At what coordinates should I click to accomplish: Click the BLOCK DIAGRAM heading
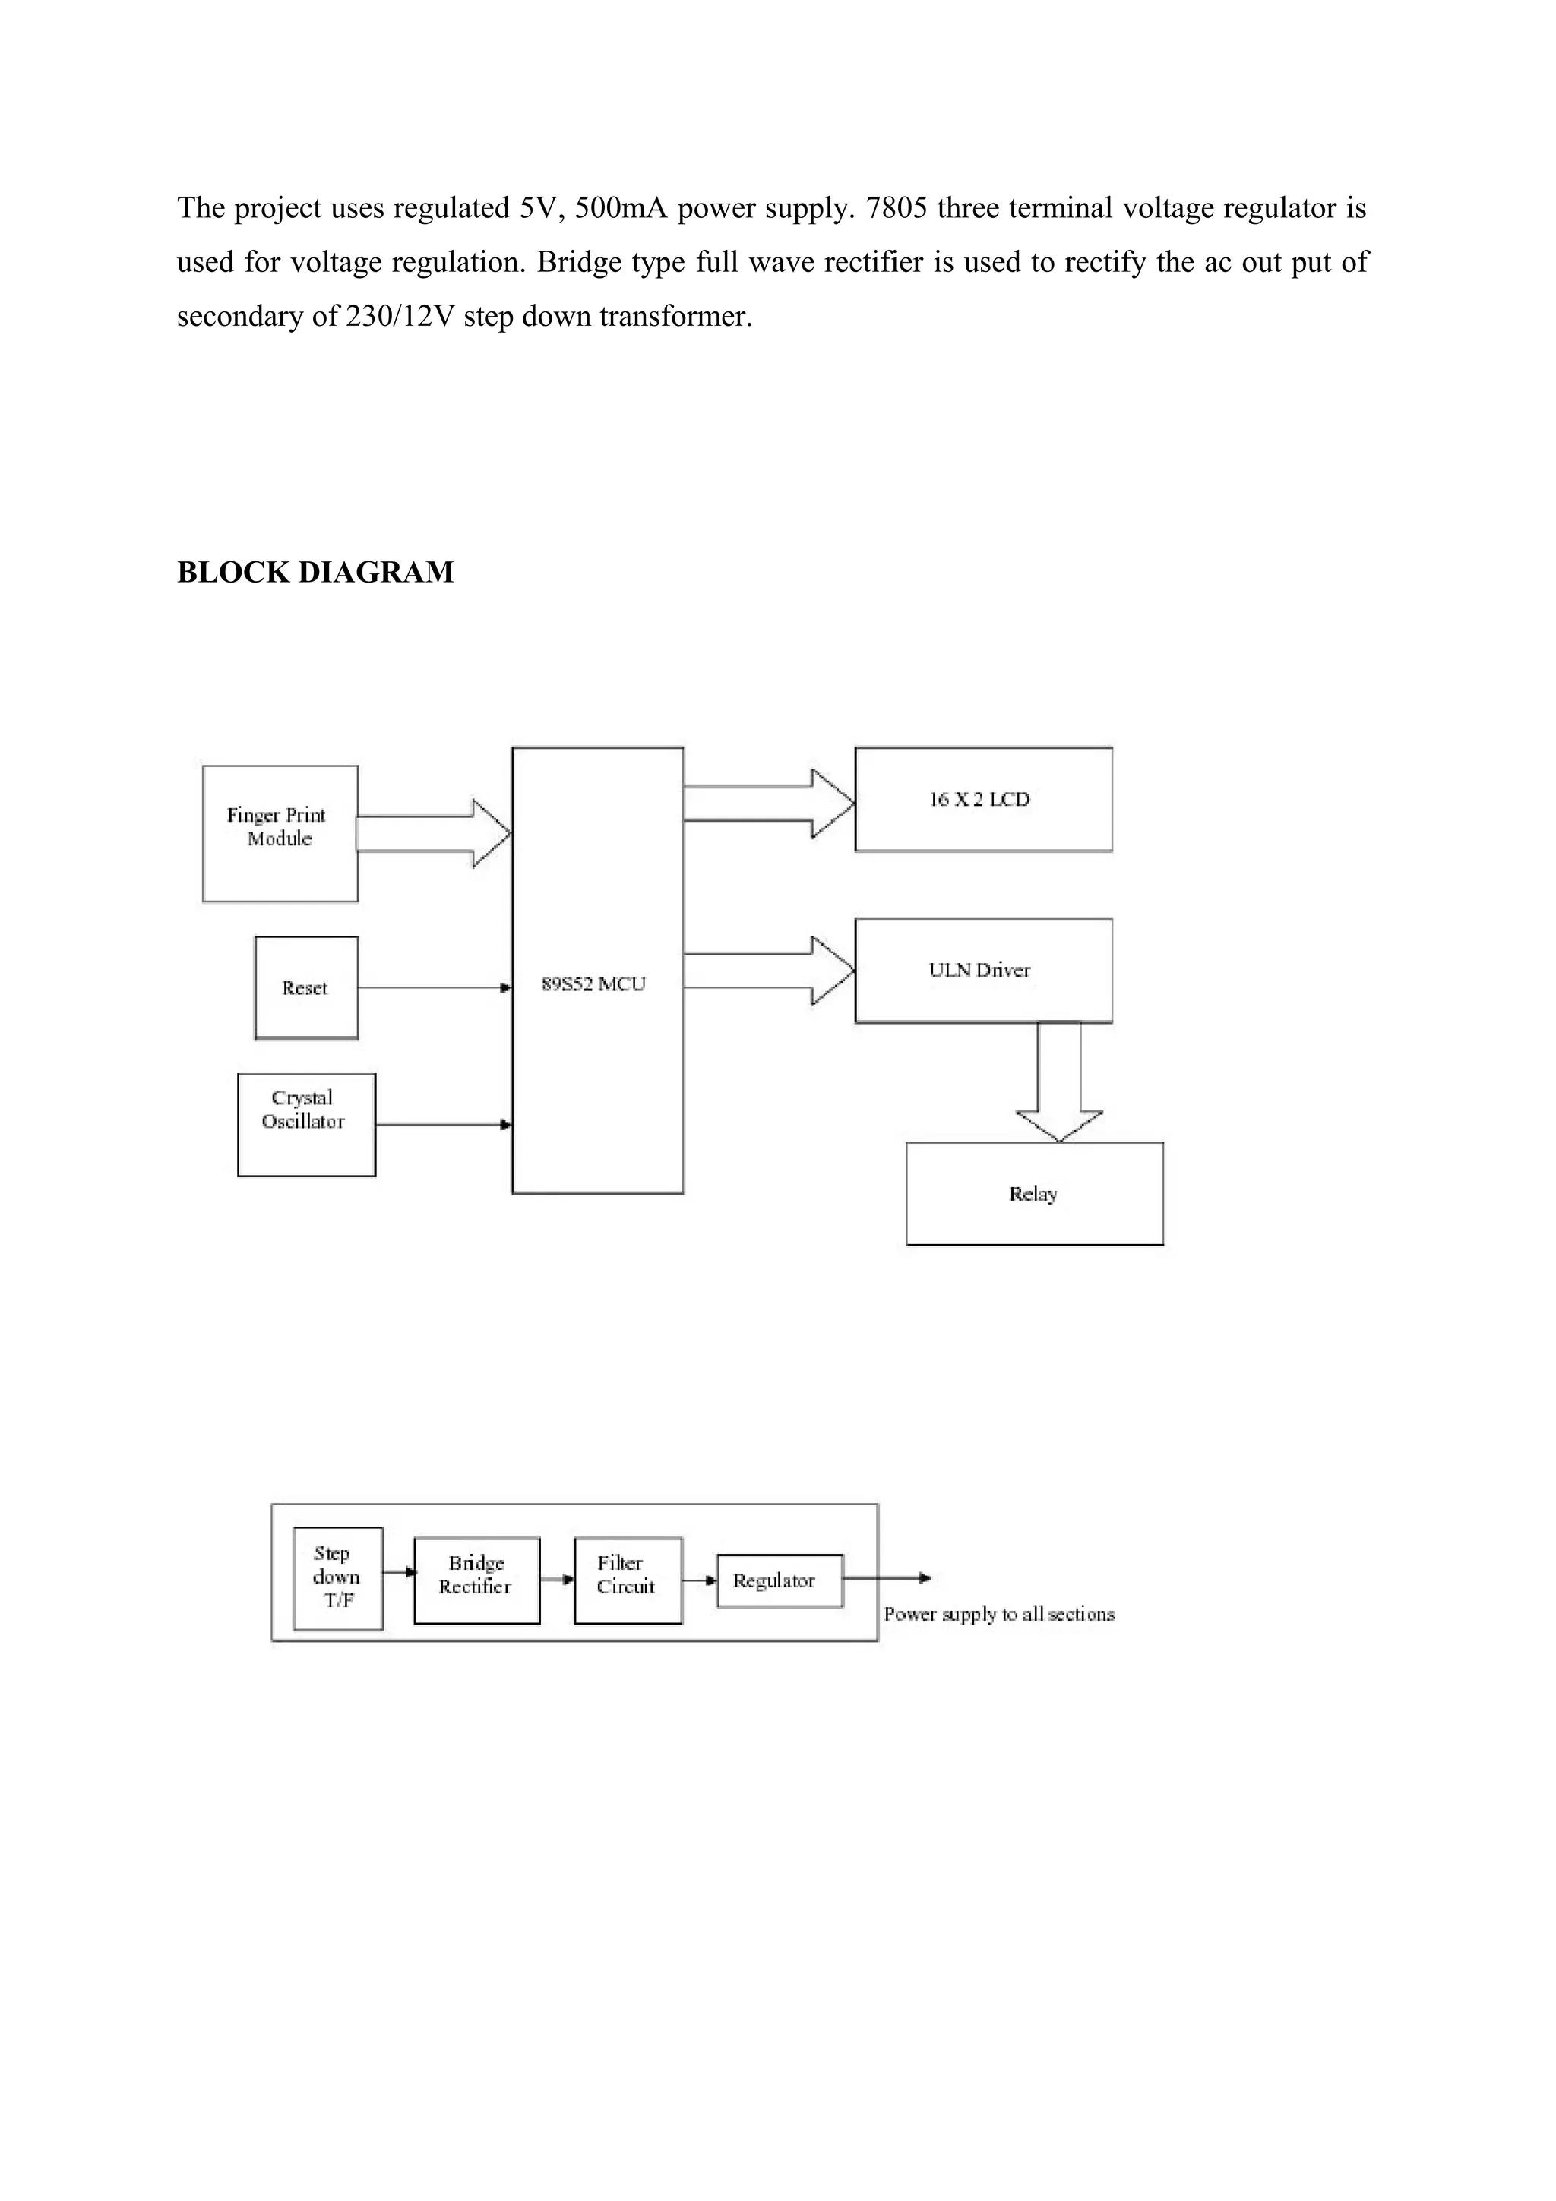315,573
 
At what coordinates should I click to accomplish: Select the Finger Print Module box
280,833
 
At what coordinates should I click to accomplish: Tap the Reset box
306,987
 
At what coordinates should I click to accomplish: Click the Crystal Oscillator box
306,1125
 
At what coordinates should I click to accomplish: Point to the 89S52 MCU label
593,984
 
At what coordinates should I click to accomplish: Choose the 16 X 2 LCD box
982,800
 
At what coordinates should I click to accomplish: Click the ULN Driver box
982,970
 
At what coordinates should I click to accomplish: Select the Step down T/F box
337,1578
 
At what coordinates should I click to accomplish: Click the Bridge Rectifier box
476,1580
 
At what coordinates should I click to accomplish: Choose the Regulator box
779,1580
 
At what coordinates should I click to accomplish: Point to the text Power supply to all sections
999,1615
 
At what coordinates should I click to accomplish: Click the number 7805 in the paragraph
897,208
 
